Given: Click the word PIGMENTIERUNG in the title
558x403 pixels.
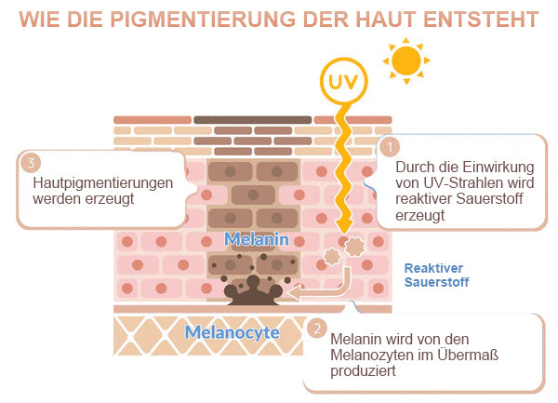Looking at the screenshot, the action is pos(203,20).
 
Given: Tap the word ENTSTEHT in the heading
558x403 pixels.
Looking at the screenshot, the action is pos(481,20).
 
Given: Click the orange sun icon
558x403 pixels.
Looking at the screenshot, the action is pos(406,60).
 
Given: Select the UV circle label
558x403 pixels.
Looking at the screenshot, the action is pos(343,81).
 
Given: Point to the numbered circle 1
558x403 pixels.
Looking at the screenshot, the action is pos(390,147).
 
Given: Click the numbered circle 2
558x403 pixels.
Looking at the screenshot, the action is pos(317,329).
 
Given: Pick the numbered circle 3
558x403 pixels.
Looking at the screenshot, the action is pos(31,163).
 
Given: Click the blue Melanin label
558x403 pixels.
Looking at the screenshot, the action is pos(257,239).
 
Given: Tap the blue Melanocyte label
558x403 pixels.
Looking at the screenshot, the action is pos(232,332).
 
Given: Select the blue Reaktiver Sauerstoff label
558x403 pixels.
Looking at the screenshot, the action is pos(437,275).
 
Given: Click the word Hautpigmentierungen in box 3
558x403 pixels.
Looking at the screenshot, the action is pos(103,183).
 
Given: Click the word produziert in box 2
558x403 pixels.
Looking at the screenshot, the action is pos(363,371).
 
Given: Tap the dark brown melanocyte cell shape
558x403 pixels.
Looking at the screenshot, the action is pos(253,290).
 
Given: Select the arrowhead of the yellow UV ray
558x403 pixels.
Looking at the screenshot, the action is pos(344,227).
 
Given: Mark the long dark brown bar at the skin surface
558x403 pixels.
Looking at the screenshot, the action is pos(253,120).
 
